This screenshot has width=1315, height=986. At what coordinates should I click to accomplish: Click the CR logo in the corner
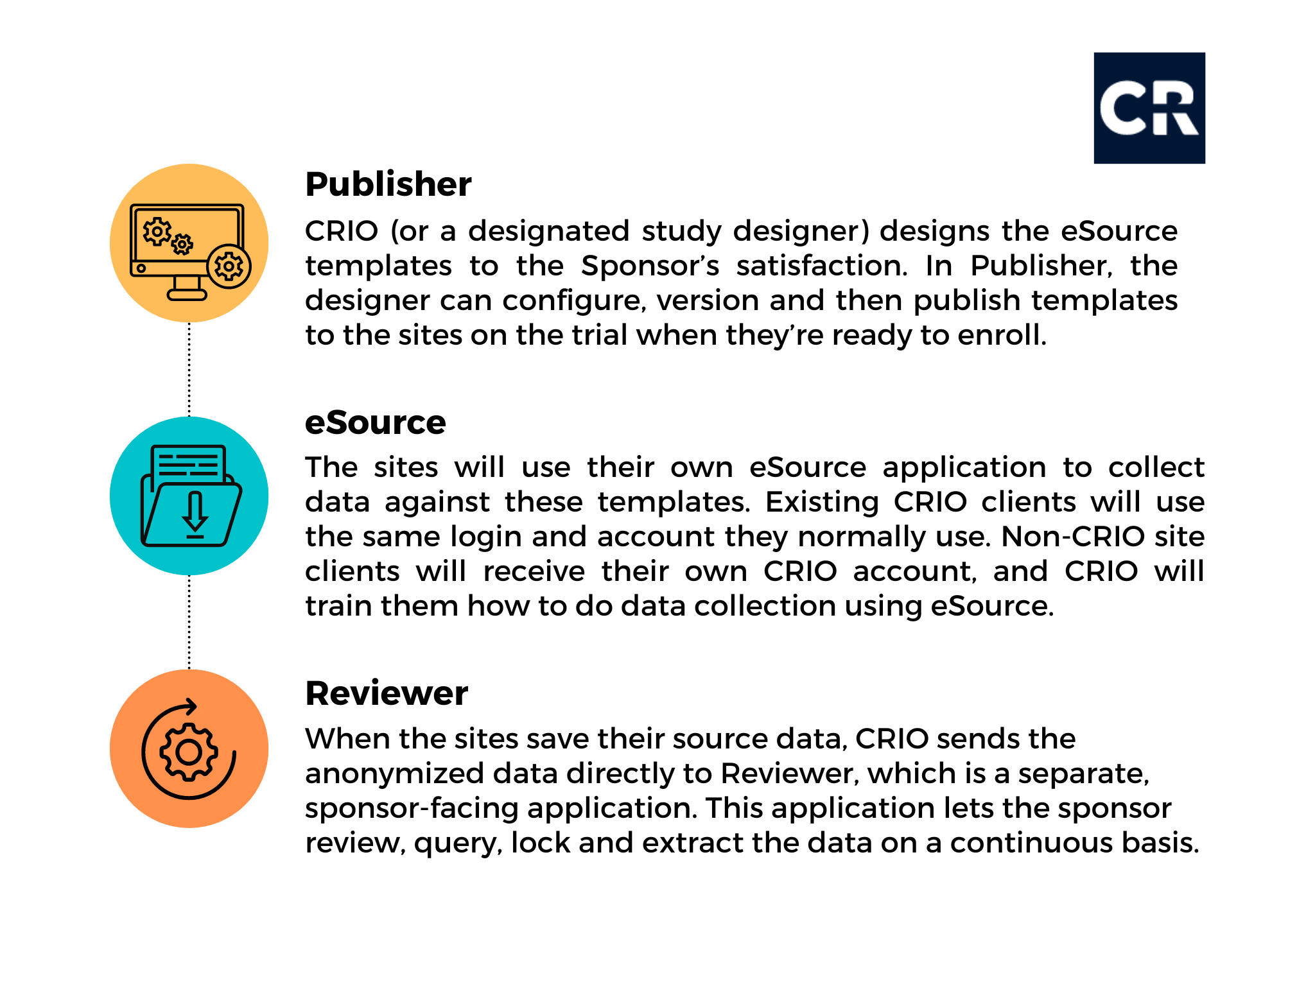1149,108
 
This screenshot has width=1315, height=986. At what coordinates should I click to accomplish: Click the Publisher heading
388,185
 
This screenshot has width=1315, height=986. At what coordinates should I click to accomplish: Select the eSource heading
376,422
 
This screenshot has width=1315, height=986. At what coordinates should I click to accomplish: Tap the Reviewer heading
387,693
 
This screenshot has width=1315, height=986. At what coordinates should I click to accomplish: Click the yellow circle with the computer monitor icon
189,243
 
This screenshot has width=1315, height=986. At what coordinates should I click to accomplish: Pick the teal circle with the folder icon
189,496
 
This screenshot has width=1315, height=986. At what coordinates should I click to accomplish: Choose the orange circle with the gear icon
189,748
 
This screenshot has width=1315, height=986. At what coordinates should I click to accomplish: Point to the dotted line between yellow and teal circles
189,369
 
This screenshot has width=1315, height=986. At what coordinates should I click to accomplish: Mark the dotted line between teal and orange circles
189,622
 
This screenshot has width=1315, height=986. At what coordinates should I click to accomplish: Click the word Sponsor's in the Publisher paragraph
650,266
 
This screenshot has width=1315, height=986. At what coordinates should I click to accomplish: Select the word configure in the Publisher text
571,301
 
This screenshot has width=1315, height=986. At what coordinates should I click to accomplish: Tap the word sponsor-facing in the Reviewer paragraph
412,809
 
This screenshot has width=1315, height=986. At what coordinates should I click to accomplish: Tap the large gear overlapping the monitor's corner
229,266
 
